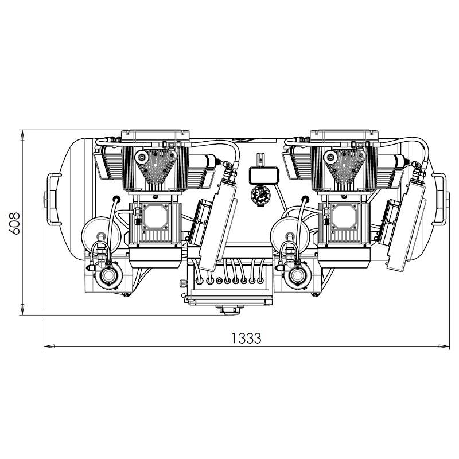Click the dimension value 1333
(246, 338)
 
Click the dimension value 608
(14, 223)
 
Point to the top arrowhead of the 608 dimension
(22, 135)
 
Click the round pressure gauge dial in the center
(260, 195)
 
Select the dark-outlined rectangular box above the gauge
(263, 175)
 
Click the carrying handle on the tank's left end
(53, 199)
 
